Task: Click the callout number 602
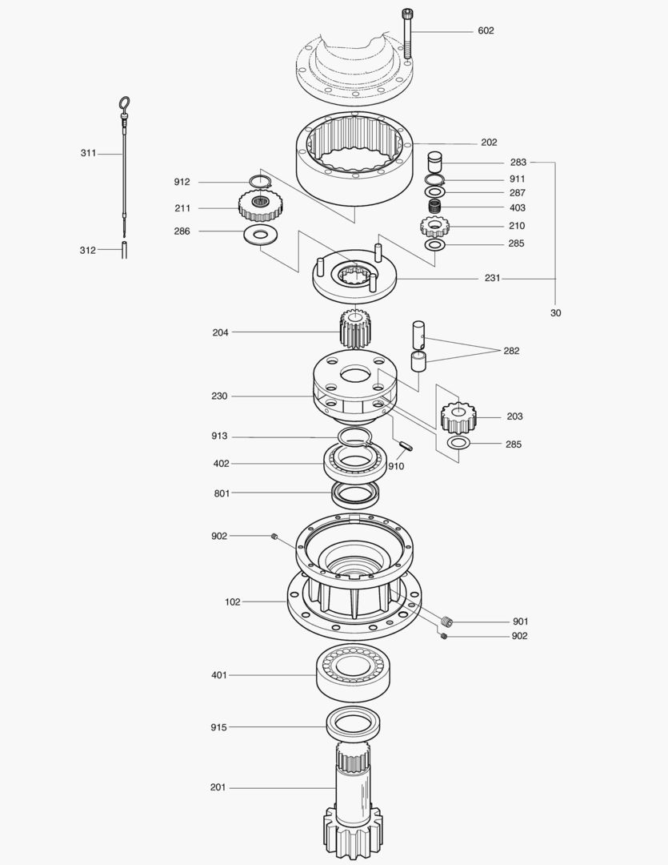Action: (486, 30)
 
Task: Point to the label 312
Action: (87, 250)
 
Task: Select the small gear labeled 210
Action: (434, 225)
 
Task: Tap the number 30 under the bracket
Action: (555, 313)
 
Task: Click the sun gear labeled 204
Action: (356, 328)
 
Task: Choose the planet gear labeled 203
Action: (458, 416)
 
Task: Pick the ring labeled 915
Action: (352, 726)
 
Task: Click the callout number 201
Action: (218, 787)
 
